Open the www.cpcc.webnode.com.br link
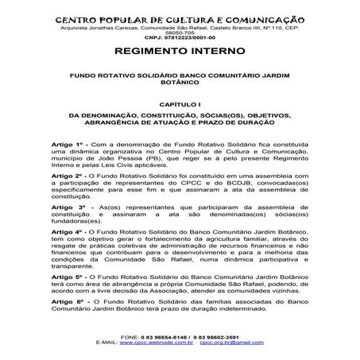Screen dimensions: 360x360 160,343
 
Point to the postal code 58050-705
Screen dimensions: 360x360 180,33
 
